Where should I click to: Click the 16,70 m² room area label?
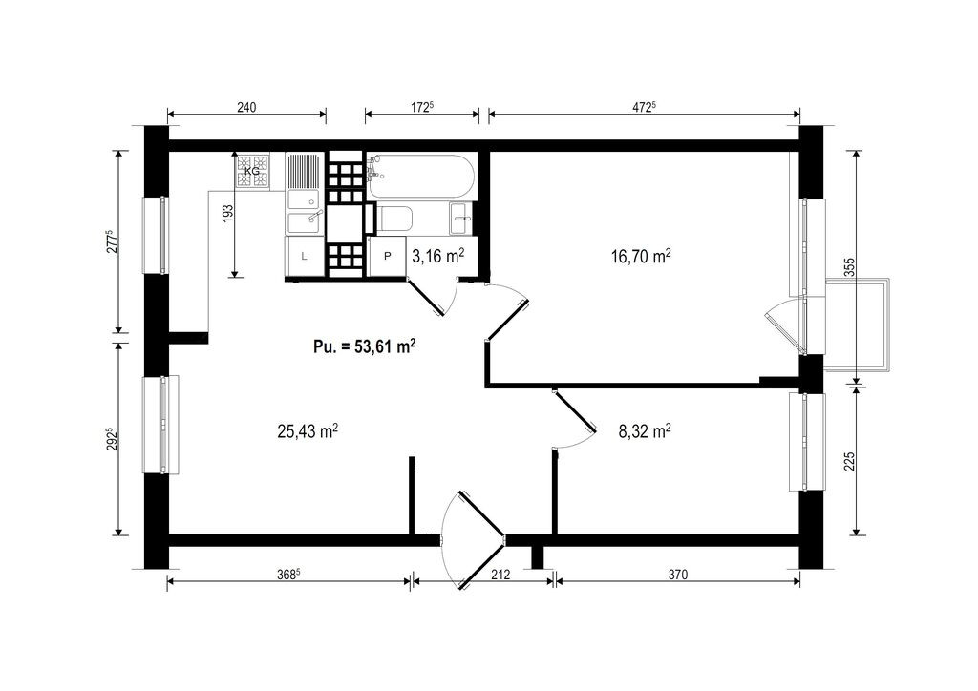(x=641, y=256)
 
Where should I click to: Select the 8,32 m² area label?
(x=645, y=430)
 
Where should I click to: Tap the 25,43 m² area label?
(x=308, y=430)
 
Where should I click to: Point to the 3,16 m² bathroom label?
(x=437, y=256)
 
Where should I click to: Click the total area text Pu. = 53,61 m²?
(x=365, y=346)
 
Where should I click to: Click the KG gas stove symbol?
(x=252, y=170)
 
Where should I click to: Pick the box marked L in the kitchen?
(x=305, y=256)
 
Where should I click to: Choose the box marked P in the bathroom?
(x=388, y=256)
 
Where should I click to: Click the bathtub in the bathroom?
(x=421, y=176)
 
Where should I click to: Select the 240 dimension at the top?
(x=246, y=107)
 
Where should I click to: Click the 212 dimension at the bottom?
(x=500, y=575)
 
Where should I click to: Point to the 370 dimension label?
(x=677, y=575)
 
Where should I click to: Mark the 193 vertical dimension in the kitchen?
(x=227, y=214)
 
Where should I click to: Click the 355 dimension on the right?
(x=849, y=267)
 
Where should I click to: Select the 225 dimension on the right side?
(x=849, y=461)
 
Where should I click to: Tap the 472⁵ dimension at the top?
(x=645, y=107)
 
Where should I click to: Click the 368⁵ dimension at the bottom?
(x=288, y=575)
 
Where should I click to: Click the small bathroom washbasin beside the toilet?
(x=462, y=219)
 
